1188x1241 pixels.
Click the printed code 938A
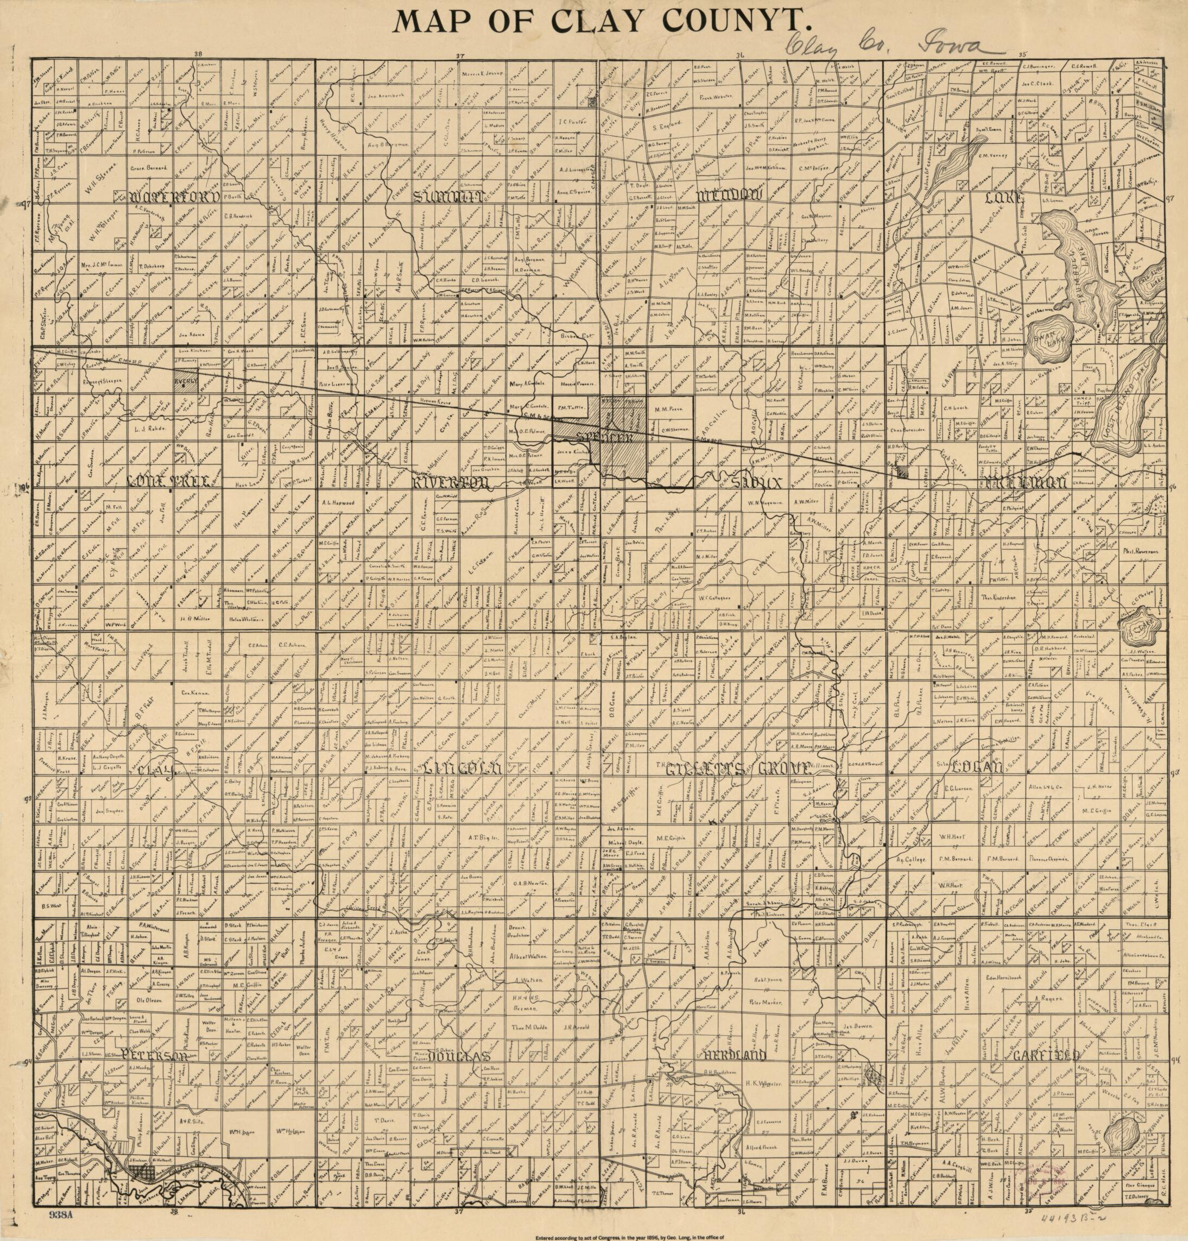click(x=61, y=1214)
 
